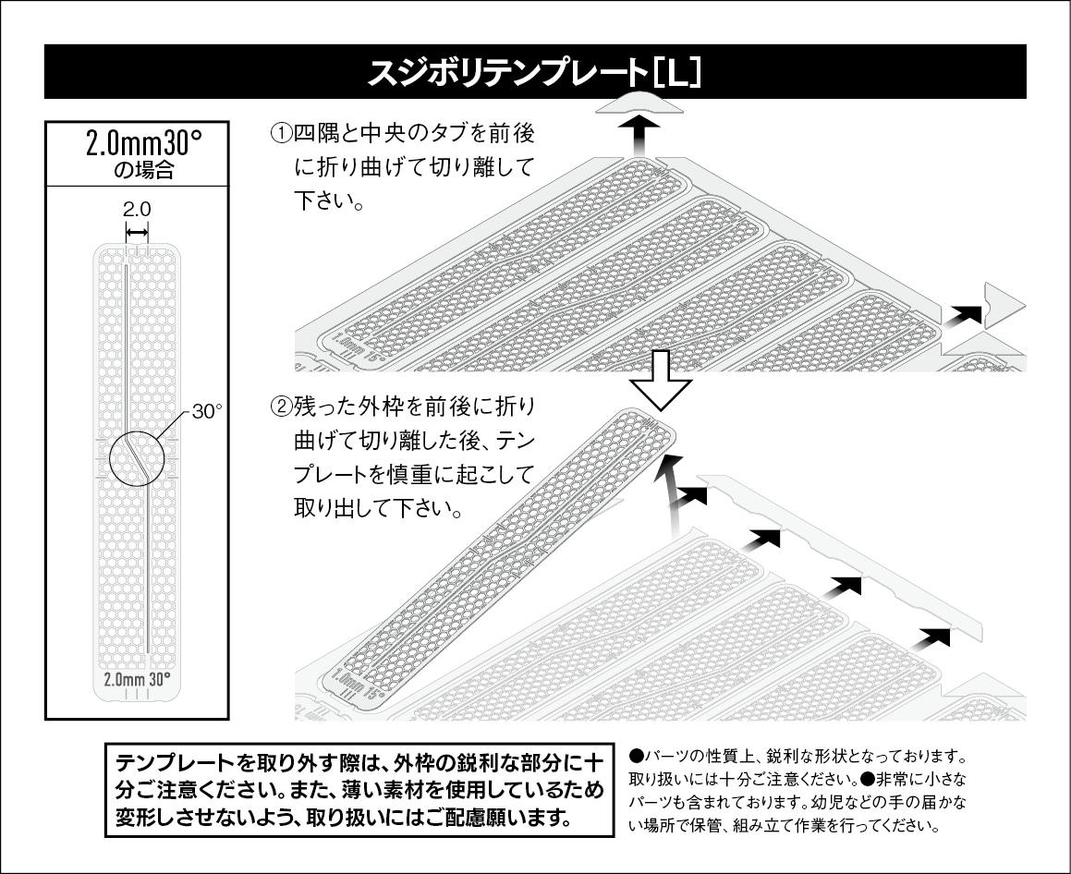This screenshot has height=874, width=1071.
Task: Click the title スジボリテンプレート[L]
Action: coord(534,72)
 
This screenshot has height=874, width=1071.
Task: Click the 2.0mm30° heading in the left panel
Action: coord(137,144)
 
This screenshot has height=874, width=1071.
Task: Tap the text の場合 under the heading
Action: coord(137,170)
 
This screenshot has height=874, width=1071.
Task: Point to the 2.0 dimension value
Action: coord(137,210)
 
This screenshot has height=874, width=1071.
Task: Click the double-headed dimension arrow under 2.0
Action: coord(137,231)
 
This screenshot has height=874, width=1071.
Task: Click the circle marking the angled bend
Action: coord(136,458)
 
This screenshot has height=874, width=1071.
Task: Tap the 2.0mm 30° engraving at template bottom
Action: coord(137,678)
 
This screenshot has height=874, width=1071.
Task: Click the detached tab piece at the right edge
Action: coord(1003,304)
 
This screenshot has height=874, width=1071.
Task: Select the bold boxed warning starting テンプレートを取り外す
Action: coord(360,791)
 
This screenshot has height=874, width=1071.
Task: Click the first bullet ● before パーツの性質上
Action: coord(635,755)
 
